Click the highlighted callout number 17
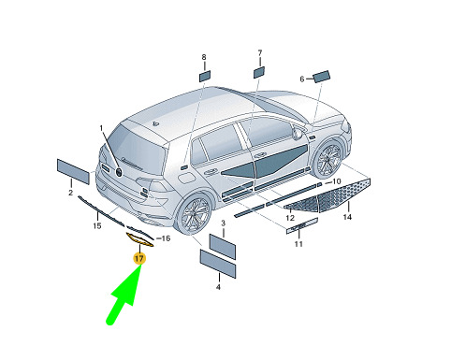(139, 258)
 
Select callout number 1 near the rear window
(101, 128)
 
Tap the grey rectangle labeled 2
(73, 171)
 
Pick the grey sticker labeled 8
(205, 76)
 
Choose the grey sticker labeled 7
(259, 72)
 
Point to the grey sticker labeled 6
(321, 77)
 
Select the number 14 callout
(347, 217)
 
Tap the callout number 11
(298, 243)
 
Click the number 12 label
(290, 218)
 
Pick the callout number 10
(337, 181)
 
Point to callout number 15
(97, 225)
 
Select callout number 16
(166, 238)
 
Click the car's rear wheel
(193, 214)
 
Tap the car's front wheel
(327, 159)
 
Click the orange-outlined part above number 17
(139, 240)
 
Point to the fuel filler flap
(186, 179)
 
